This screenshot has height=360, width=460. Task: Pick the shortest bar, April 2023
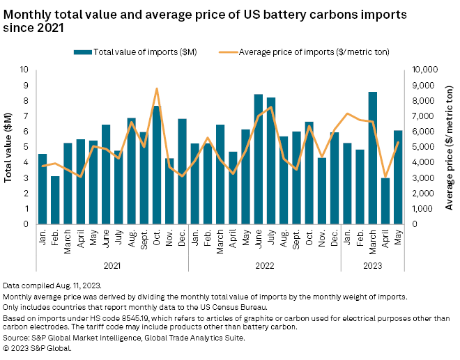click(385, 201)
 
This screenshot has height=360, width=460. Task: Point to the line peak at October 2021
click(157, 88)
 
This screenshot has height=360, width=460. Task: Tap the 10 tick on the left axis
click(26, 70)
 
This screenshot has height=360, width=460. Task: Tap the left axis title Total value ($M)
click(9, 147)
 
